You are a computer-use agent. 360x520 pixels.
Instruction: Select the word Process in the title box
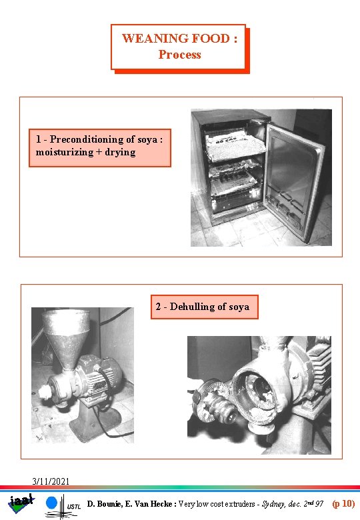click(x=179, y=55)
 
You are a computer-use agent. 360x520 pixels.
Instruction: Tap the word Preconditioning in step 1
click(x=98, y=139)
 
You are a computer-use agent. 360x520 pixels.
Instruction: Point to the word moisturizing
click(x=65, y=152)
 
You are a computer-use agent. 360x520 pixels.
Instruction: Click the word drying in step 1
click(x=120, y=152)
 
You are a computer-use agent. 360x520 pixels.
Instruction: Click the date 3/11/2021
click(x=51, y=481)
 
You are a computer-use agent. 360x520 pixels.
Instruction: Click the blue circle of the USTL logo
click(x=52, y=502)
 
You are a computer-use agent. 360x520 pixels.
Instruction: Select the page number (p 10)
click(x=343, y=504)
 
